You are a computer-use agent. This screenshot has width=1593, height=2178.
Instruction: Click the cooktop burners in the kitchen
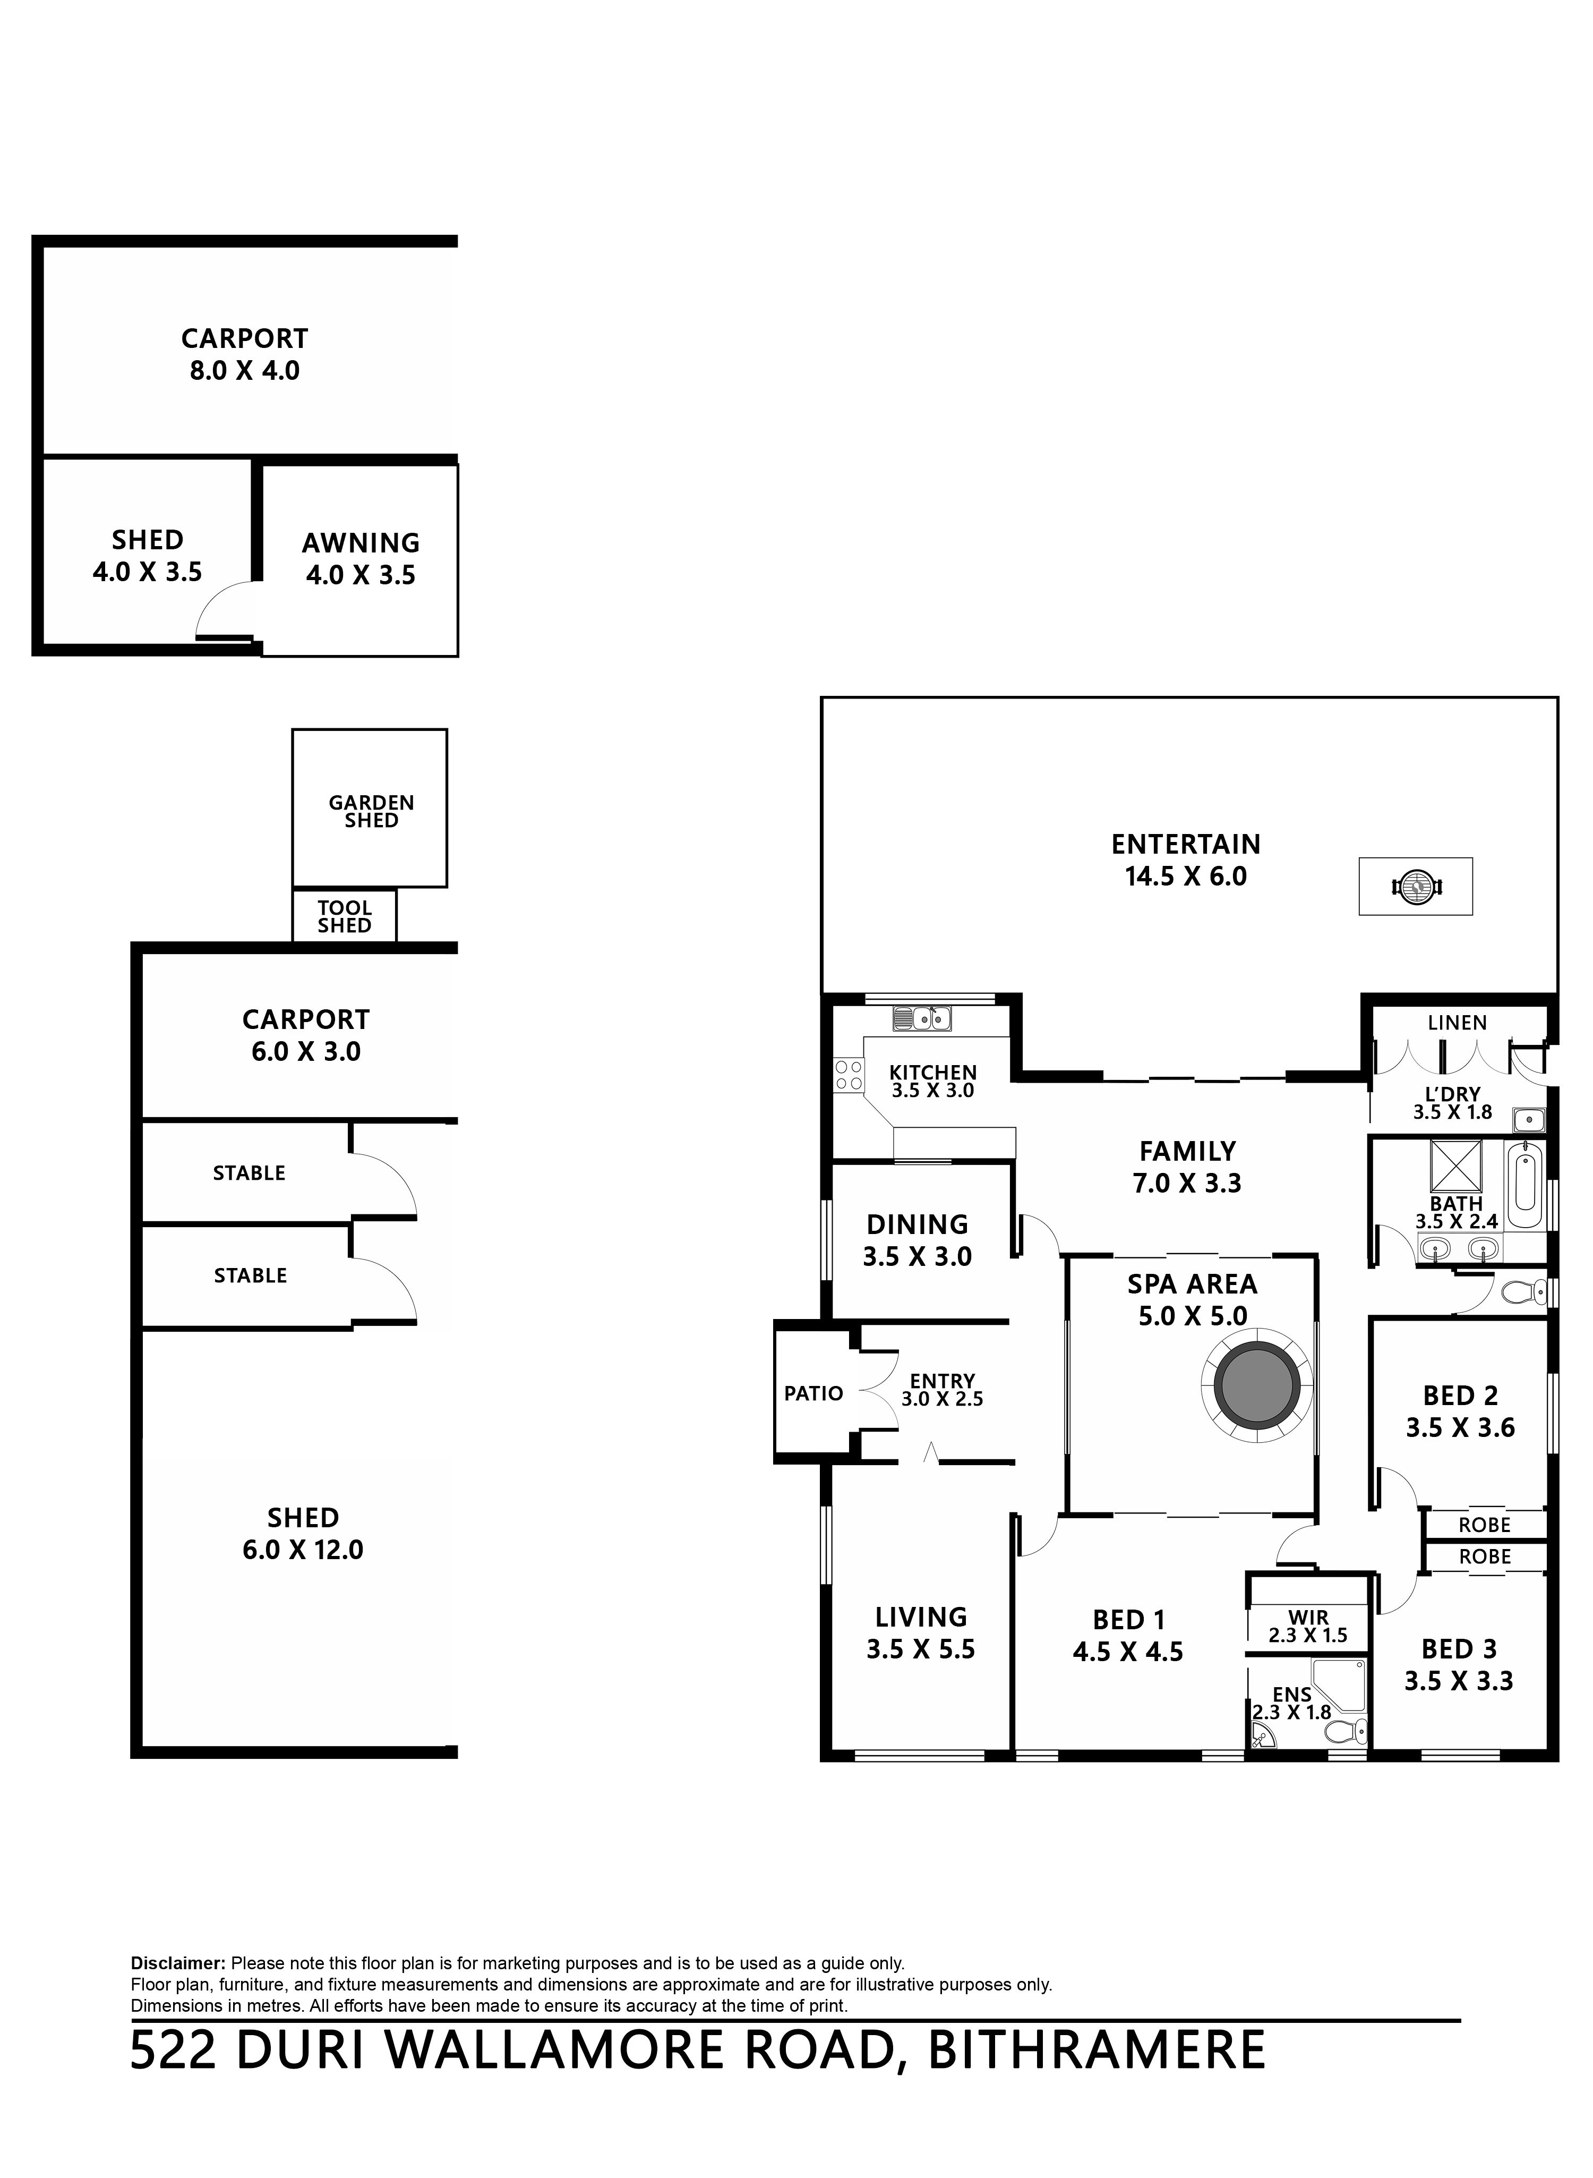pyautogui.click(x=849, y=1076)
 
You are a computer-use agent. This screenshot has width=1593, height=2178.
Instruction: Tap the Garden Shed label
pyautogui.click(x=371, y=811)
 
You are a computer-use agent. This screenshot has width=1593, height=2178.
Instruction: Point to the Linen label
pyautogui.click(x=1457, y=1023)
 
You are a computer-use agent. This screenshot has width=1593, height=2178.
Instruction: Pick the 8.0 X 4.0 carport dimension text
pyautogui.click(x=244, y=370)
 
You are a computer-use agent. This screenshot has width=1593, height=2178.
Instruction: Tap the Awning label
pyautogui.click(x=361, y=543)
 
